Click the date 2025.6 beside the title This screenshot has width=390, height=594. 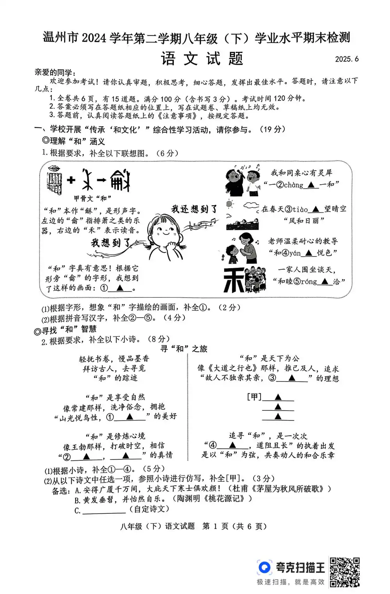point(346,59)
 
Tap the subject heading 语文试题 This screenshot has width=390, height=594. point(202,59)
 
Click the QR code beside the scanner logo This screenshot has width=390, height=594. point(344,572)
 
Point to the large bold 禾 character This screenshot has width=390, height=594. point(233,279)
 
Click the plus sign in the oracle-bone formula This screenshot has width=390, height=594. point(71,180)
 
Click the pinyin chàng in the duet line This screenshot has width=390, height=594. point(293,185)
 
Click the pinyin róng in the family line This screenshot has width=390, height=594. point(308,281)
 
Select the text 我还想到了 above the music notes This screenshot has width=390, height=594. point(194,209)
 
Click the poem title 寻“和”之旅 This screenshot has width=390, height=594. point(184,349)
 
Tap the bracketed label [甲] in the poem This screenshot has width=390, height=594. point(254,397)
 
